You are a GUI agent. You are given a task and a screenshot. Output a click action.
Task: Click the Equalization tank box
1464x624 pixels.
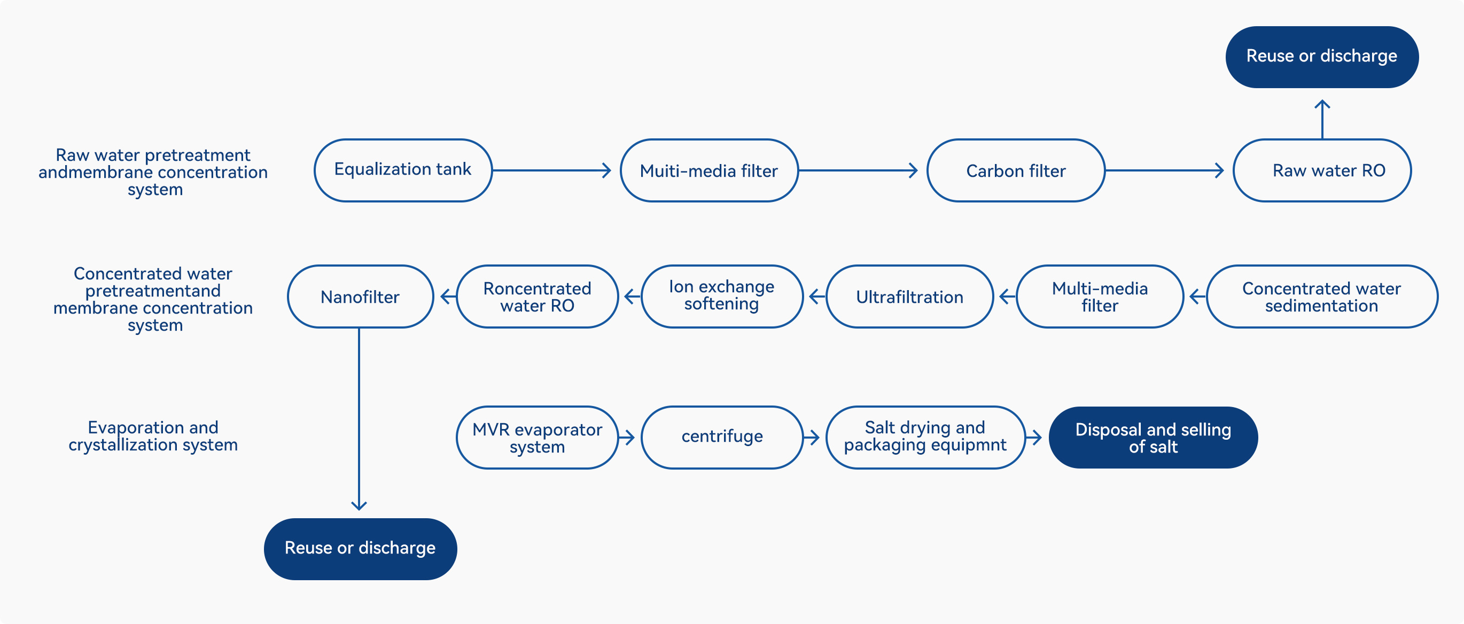point(403,170)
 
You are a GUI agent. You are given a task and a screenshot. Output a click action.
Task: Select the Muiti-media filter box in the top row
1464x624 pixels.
point(709,170)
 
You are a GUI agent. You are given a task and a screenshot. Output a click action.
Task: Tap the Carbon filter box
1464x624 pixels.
point(1016,170)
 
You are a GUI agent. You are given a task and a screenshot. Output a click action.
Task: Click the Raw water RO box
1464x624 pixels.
point(1322,170)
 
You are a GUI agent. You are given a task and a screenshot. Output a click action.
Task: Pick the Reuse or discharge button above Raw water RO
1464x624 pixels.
point(1322,57)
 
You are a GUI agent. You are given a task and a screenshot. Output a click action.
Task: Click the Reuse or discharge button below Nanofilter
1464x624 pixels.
point(360,549)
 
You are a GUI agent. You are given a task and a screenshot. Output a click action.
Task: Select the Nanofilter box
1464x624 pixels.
point(360,296)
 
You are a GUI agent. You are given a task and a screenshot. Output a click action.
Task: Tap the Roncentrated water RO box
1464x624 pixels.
point(537,296)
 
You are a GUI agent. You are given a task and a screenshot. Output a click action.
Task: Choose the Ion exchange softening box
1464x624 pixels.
point(722,296)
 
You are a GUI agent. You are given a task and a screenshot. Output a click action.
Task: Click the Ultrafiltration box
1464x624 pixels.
point(909,296)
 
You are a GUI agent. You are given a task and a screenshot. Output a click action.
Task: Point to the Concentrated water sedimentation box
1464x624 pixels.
point(1322,296)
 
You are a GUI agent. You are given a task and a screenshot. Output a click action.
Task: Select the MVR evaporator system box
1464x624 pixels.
point(537,437)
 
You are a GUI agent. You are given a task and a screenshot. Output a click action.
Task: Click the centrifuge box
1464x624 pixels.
point(722,437)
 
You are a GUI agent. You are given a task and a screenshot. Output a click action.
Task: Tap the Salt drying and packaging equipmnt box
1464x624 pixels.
point(925,437)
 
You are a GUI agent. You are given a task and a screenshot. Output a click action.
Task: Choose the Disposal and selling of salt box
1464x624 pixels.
point(1153,438)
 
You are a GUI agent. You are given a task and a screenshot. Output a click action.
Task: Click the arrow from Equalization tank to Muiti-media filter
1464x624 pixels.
point(551,170)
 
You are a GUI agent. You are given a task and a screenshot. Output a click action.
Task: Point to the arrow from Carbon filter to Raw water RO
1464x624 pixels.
point(1164,170)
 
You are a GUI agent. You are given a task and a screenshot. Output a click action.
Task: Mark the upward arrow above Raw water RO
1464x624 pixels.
point(1322,119)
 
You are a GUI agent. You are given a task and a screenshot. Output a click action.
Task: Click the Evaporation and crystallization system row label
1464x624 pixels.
point(153,436)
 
